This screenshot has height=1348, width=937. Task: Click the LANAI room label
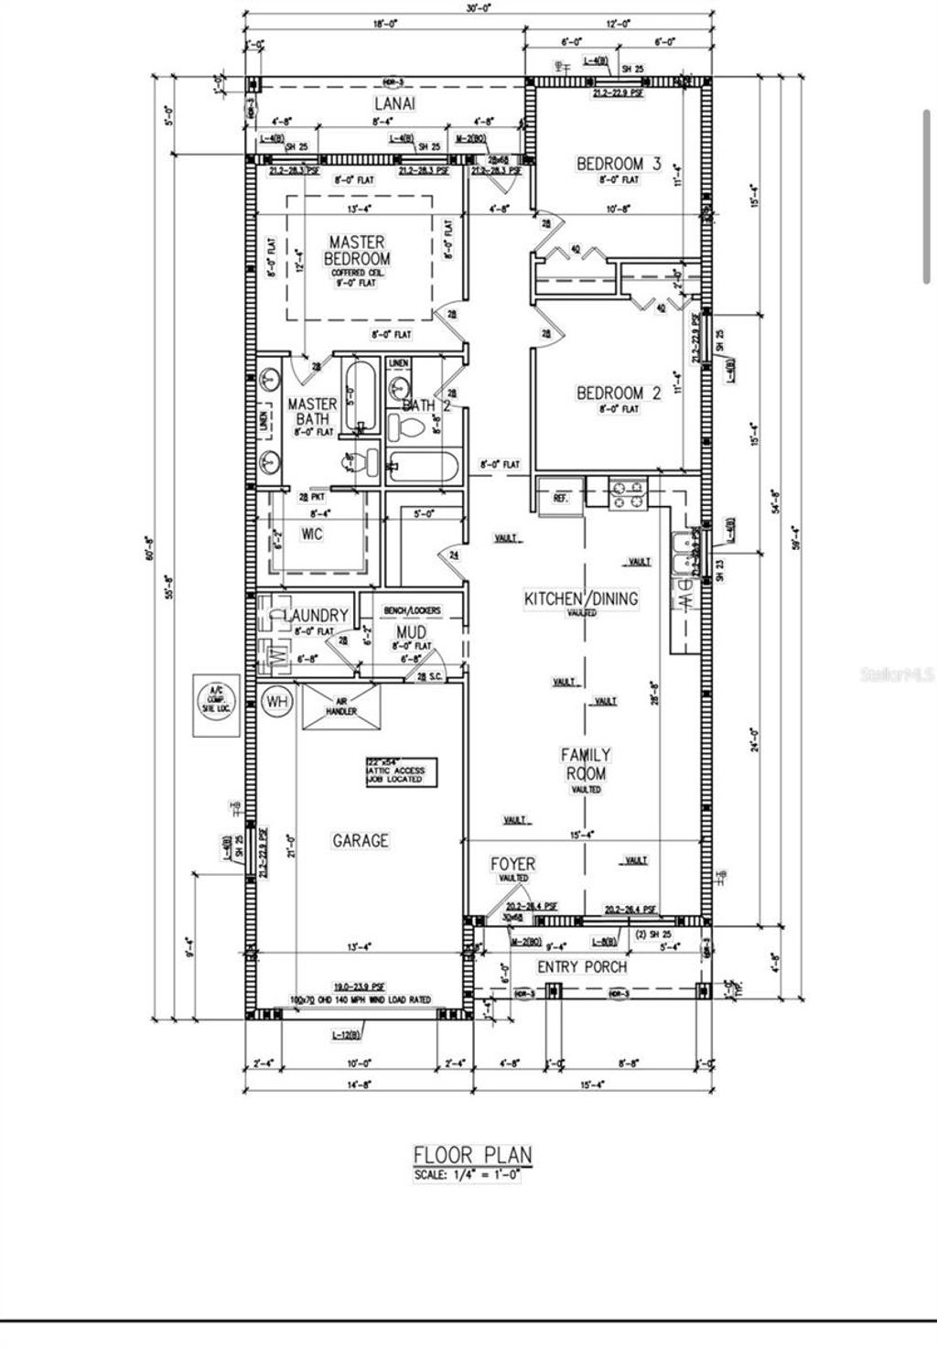394,103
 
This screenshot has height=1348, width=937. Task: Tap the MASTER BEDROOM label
357,250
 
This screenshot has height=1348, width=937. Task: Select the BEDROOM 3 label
619,164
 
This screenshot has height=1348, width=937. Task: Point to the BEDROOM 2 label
618,394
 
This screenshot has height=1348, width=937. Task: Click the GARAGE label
360,840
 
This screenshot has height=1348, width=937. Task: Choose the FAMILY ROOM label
586,764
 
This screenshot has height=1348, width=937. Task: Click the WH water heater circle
276,702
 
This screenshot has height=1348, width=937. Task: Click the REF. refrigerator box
561,498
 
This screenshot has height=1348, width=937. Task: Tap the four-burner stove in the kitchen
628,494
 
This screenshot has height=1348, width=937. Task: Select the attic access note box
399,771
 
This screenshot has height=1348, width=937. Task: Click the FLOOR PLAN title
472,1155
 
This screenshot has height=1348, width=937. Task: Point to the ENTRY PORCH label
582,967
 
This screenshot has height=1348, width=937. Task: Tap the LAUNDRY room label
316,615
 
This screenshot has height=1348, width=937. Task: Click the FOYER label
512,864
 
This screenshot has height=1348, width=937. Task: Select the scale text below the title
467,1175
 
